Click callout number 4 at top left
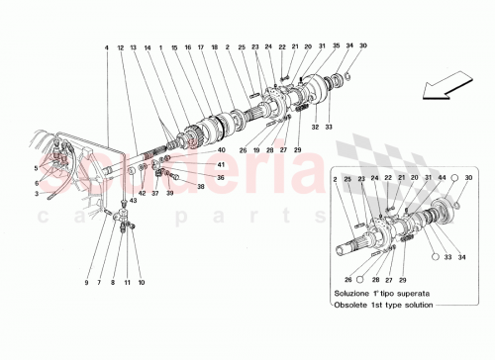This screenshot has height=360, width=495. pyautogui.click(x=104, y=46)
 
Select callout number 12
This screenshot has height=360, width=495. pyautogui.click(x=120, y=46)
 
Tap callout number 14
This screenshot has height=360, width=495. pyautogui.click(x=148, y=46)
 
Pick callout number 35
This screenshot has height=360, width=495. pyautogui.click(x=336, y=46)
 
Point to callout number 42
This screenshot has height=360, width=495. pyautogui.click(x=142, y=193)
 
